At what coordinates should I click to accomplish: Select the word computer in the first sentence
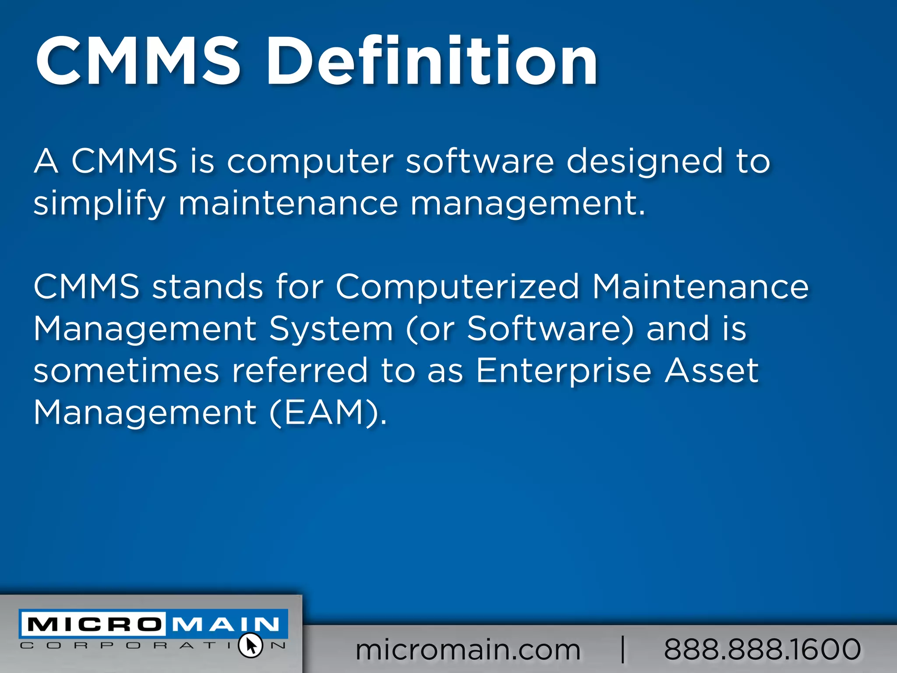tap(310, 161)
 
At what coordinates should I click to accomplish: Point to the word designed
tap(644, 161)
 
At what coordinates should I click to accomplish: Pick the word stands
tap(208, 287)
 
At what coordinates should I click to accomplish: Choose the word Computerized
tap(458, 287)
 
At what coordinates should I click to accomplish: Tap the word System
tap(331, 329)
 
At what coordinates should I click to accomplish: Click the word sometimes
tap(126, 371)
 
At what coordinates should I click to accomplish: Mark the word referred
tap(300, 371)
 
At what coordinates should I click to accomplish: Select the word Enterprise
tap(564, 371)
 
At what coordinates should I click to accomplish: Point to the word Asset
tap(712, 371)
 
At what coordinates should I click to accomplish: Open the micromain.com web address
tap(468, 649)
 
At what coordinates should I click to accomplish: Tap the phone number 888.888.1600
tap(762, 649)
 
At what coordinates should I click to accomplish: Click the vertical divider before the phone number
tap(623, 649)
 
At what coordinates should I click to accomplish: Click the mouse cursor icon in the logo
tap(251, 645)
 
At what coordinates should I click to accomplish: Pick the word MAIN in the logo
tap(226, 624)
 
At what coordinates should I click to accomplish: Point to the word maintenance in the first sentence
tap(288, 203)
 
